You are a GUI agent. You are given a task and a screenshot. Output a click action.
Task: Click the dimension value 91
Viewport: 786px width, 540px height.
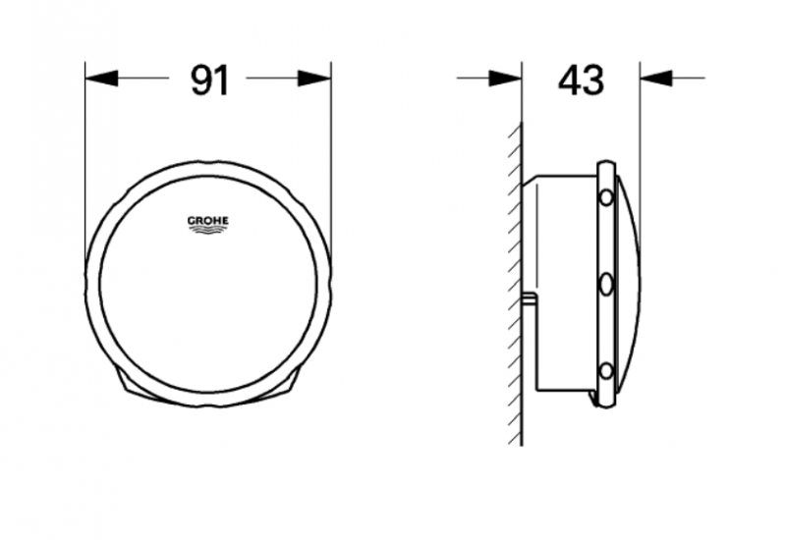[208, 80]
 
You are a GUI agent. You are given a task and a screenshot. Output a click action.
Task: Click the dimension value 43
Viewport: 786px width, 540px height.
[580, 80]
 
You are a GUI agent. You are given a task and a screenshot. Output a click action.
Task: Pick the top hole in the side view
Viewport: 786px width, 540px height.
[606, 197]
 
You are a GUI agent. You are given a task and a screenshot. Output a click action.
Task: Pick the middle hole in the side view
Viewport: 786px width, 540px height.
[606, 285]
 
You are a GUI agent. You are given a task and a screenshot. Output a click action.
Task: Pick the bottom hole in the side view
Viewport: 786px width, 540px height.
[606, 371]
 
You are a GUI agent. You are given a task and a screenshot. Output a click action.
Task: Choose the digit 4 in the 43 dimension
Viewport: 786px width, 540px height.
[568, 80]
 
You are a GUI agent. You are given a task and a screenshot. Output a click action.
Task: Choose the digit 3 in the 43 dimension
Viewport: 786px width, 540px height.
[592, 80]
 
